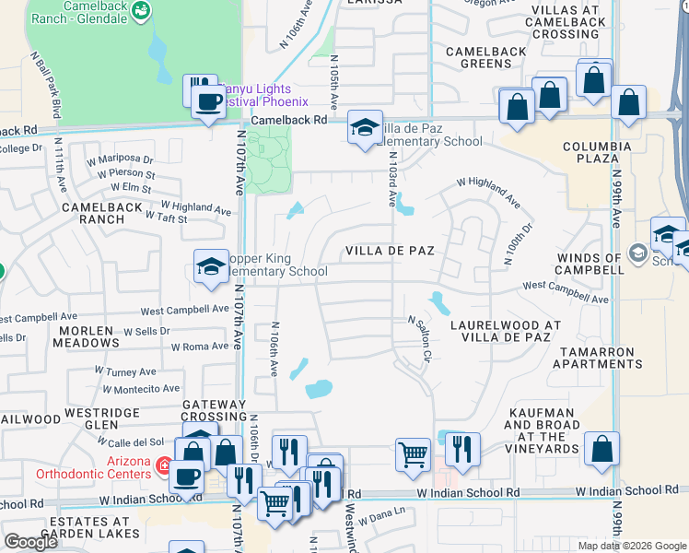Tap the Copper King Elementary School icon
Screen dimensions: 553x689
coord(210,267)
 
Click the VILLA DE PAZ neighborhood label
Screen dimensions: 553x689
coord(390,251)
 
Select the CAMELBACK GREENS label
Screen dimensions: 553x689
coord(479,57)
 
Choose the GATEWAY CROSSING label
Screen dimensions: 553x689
coord(214,410)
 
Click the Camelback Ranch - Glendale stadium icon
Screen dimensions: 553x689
coord(141,11)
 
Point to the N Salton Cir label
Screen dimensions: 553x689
coord(421,337)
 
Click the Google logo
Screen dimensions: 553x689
coord(30,542)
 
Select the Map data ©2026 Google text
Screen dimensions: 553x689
coord(632,546)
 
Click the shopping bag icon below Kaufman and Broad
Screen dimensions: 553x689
coord(601,449)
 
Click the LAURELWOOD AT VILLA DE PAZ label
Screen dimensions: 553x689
coord(505,332)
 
